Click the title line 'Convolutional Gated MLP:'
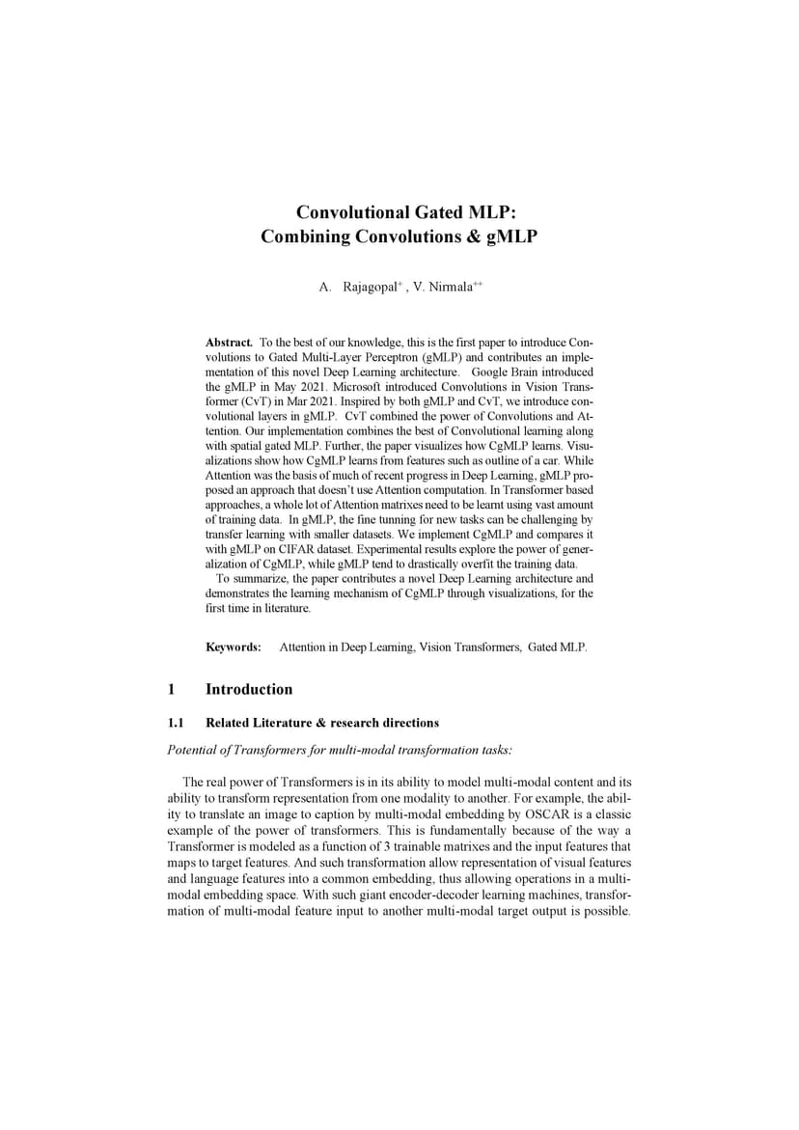point(399,212)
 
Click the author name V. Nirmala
point(441,288)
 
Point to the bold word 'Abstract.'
point(229,343)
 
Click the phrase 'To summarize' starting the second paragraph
point(248,578)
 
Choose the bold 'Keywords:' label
point(234,647)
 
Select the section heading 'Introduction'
point(249,689)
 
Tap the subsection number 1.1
point(176,723)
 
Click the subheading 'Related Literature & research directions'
point(322,723)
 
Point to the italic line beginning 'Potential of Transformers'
point(340,750)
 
